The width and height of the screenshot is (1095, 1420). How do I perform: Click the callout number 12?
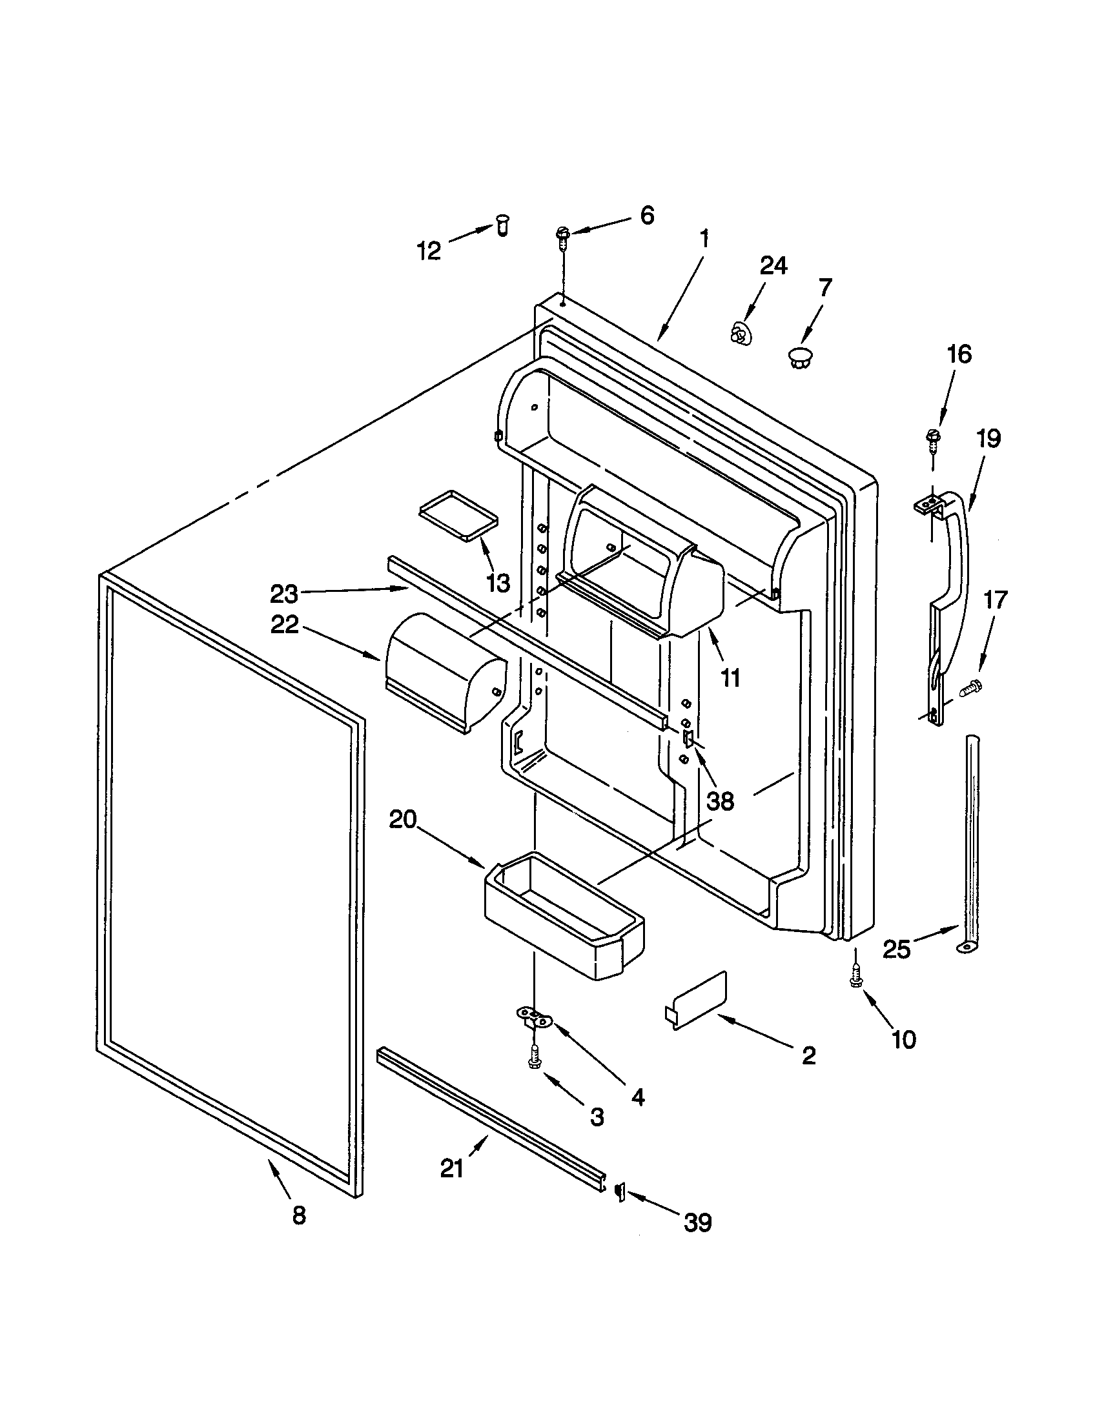click(x=429, y=250)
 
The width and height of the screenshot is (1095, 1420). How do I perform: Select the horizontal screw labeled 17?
click(x=972, y=685)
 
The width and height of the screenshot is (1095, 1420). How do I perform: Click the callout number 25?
click(x=897, y=950)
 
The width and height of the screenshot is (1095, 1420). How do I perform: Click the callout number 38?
click(x=720, y=801)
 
